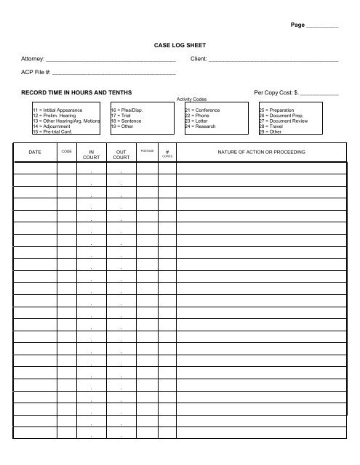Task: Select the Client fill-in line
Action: pyautogui.click(x=273, y=60)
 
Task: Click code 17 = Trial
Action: pyautogui.click(x=121, y=116)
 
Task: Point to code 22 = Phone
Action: pyautogui.click(x=198, y=116)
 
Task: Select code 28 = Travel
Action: pyautogui.click(x=273, y=126)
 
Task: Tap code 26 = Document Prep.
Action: pyautogui.click(x=280, y=116)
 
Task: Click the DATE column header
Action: pyautogui.click(x=35, y=153)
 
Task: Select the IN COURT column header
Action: pyautogui.click(x=91, y=155)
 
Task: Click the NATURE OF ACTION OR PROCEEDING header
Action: pyautogui.click(x=261, y=152)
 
